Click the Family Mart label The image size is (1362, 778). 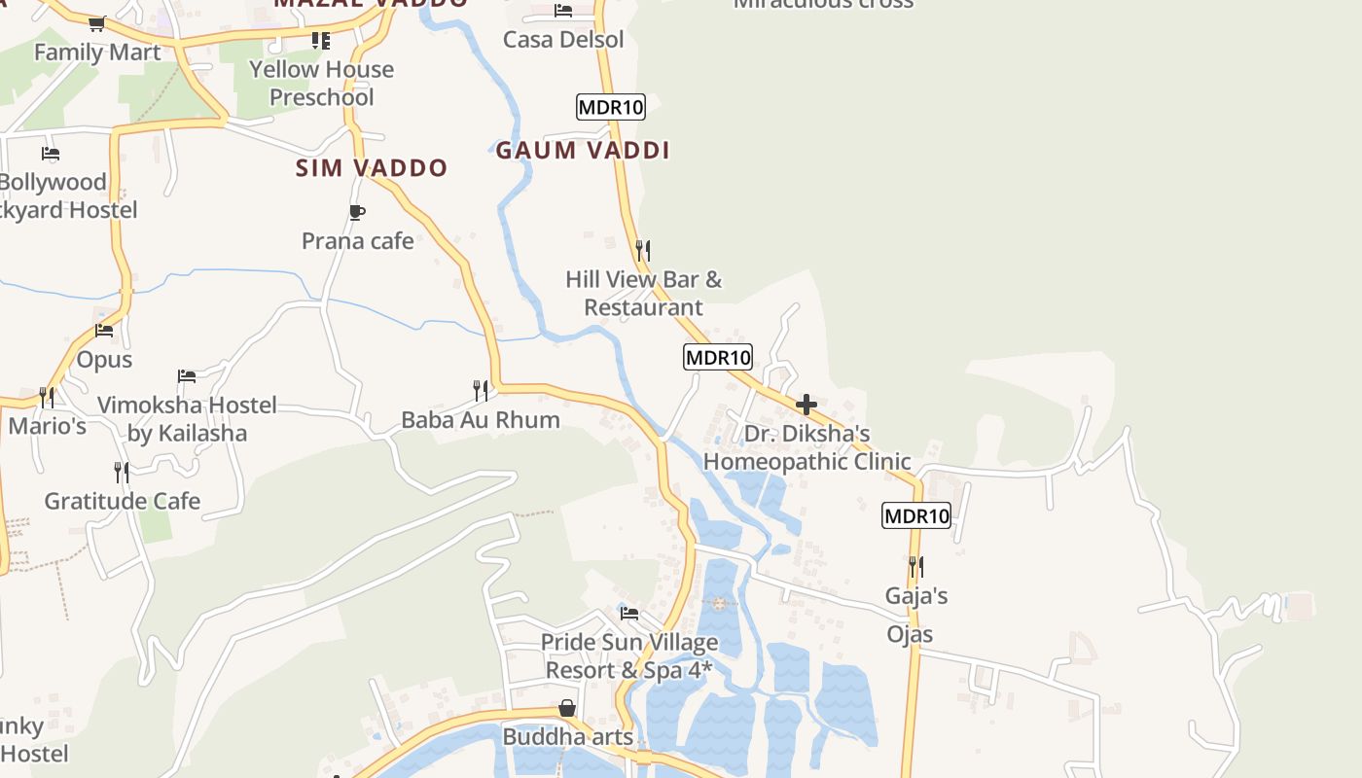(97, 52)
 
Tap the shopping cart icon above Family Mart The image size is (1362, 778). (96, 23)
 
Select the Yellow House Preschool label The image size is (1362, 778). (321, 83)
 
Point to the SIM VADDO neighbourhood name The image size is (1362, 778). (372, 167)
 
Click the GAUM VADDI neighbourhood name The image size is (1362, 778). (583, 150)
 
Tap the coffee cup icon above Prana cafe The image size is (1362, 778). (357, 212)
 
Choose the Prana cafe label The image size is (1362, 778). (358, 240)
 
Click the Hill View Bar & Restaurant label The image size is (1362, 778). (644, 293)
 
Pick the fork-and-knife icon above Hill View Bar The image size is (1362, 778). (642, 250)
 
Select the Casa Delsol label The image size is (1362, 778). (563, 40)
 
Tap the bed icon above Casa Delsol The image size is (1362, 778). (563, 11)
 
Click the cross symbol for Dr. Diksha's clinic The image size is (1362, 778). (806, 405)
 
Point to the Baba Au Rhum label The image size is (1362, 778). (481, 419)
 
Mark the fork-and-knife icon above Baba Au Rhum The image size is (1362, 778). (481, 391)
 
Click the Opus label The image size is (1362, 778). (104, 359)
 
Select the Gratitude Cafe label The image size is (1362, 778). (123, 501)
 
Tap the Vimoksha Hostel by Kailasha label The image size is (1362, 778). (187, 418)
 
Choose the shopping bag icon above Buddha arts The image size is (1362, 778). (567, 708)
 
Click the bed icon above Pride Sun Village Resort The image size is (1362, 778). (629, 614)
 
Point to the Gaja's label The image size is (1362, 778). (916, 595)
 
